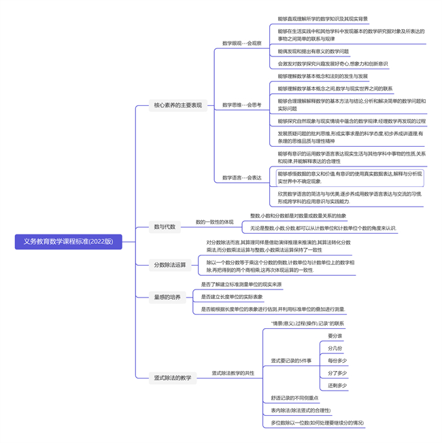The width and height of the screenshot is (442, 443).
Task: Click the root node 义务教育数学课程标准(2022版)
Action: (x=68, y=241)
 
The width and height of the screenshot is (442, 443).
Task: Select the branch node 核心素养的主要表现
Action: (x=177, y=105)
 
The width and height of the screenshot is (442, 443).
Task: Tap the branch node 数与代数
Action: (x=165, y=227)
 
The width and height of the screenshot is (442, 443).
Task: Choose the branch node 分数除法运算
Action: (x=170, y=265)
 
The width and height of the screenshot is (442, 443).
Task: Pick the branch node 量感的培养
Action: (x=167, y=297)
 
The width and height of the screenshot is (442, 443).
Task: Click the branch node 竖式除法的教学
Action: (x=173, y=378)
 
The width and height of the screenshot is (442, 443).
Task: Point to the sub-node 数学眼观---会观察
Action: (x=241, y=43)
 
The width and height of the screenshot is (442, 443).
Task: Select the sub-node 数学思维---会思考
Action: (x=241, y=105)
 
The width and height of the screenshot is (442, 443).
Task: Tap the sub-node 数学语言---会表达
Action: (x=241, y=177)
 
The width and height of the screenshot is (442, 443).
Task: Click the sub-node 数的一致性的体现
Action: (x=214, y=221)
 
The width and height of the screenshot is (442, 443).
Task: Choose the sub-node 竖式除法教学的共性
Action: (x=233, y=373)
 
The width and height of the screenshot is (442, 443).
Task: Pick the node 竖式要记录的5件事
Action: (x=291, y=360)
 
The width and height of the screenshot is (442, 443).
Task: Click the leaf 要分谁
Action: (x=335, y=336)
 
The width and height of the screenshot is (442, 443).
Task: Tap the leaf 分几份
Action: (x=335, y=348)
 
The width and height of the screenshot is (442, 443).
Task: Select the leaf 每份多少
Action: (x=337, y=360)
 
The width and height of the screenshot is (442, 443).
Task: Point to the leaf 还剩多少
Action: (x=337, y=385)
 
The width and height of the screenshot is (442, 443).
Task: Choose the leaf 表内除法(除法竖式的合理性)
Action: (x=301, y=410)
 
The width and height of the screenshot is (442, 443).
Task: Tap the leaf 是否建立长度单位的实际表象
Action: (x=231, y=297)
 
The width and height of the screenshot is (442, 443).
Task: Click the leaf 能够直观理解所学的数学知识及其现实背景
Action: (x=322, y=19)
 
